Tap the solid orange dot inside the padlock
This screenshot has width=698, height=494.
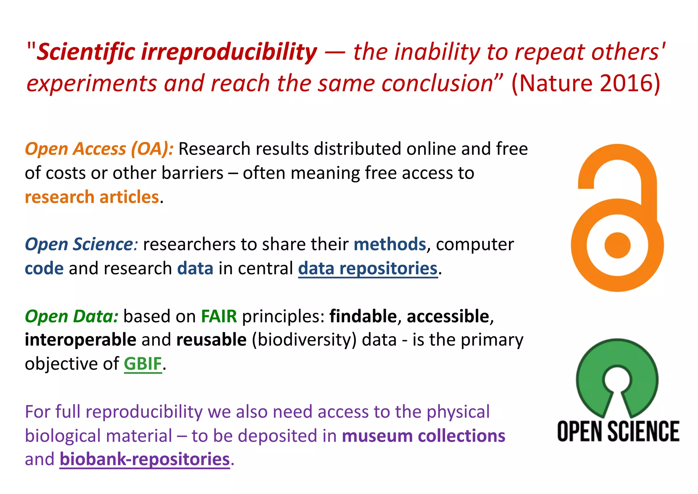(x=617, y=245)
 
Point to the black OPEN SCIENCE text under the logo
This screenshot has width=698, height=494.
(x=618, y=432)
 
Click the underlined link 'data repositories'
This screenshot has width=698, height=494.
(x=367, y=268)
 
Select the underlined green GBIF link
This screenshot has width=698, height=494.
(x=142, y=364)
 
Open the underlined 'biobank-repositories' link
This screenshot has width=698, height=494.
(x=145, y=459)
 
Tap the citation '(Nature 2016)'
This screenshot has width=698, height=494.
(x=586, y=83)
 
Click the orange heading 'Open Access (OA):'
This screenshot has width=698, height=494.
(x=99, y=149)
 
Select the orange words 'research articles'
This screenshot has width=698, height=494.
(x=92, y=197)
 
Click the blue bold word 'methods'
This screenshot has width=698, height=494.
(x=390, y=245)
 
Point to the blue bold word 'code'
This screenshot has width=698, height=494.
(x=44, y=268)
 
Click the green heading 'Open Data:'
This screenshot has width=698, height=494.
(x=72, y=316)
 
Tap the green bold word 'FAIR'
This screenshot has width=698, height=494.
(x=219, y=316)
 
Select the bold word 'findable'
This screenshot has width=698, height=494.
(x=363, y=316)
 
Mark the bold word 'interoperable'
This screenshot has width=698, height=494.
(x=80, y=340)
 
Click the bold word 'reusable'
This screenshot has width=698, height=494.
(x=211, y=340)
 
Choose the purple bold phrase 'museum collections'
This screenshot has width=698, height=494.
(x=423, y=436)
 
